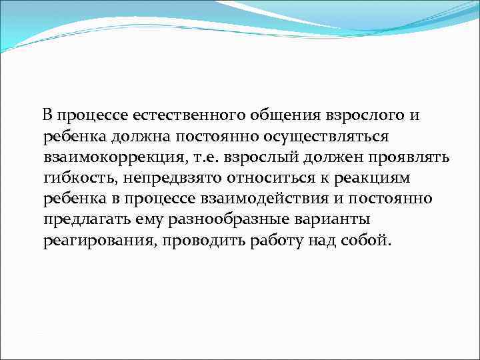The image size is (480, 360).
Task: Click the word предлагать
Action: (83, 219)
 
